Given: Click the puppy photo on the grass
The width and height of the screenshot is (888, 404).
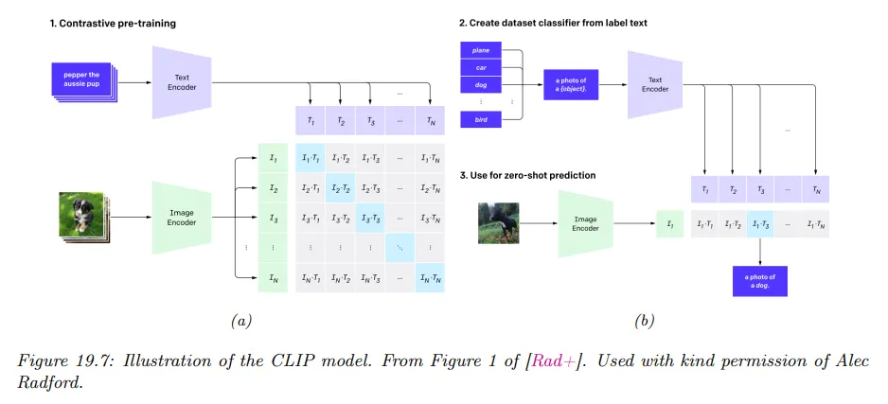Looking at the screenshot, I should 80,216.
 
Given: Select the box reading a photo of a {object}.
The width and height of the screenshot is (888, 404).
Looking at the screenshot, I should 571,84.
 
